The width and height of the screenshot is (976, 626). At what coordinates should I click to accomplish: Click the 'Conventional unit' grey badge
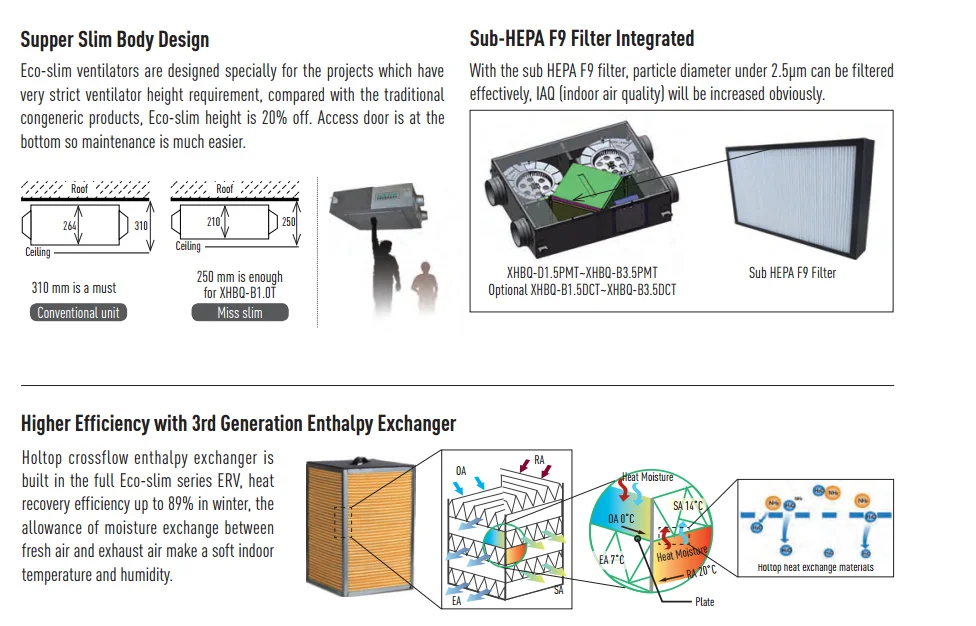[x=78, y=313]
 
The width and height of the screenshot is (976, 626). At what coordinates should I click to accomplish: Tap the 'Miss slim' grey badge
[x=239, y=313]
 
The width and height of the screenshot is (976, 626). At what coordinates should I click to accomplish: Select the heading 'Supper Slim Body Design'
[x=115, y=40]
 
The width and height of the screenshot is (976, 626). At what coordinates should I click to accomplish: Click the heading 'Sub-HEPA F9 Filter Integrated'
[x=581, y=39]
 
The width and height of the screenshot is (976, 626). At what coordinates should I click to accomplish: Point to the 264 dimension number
[x=70, y=226]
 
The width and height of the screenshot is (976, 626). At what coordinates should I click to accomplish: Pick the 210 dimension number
[x=213, y=221]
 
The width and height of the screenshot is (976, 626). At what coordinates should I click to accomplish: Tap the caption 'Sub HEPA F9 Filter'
[x=792, y=272]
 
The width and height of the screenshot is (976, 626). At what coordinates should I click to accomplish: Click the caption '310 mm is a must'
[x=74, y=288]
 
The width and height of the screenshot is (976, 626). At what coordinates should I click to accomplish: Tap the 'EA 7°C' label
[x=612, y=559]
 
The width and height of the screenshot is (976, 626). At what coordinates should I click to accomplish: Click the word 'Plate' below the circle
[x=705, y=602]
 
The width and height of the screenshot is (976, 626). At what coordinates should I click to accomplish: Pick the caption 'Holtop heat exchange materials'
[x=815, y=568]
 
